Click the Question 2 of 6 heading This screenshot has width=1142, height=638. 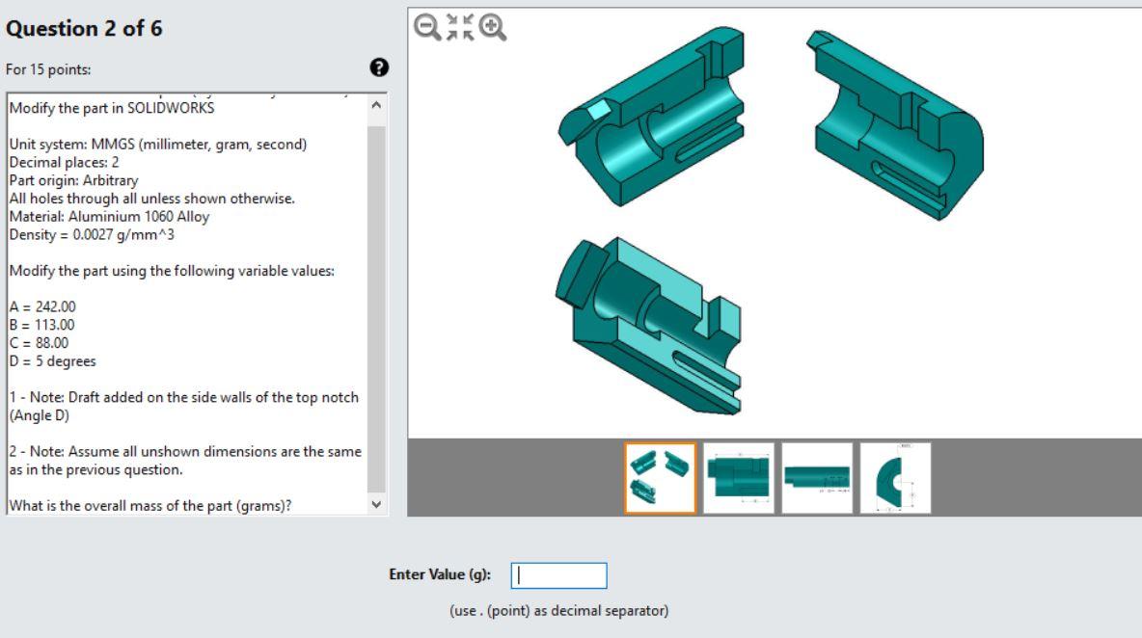85,29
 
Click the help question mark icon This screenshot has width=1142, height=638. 380,67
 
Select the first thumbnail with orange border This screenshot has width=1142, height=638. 660,478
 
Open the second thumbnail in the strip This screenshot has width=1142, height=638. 738,478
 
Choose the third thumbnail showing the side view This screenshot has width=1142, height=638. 817,478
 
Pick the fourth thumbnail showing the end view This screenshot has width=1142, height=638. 895,478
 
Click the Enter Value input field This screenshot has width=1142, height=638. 558,575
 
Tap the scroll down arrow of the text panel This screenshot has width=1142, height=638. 376,504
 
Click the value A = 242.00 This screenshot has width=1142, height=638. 42,306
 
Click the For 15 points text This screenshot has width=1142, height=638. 49,69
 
